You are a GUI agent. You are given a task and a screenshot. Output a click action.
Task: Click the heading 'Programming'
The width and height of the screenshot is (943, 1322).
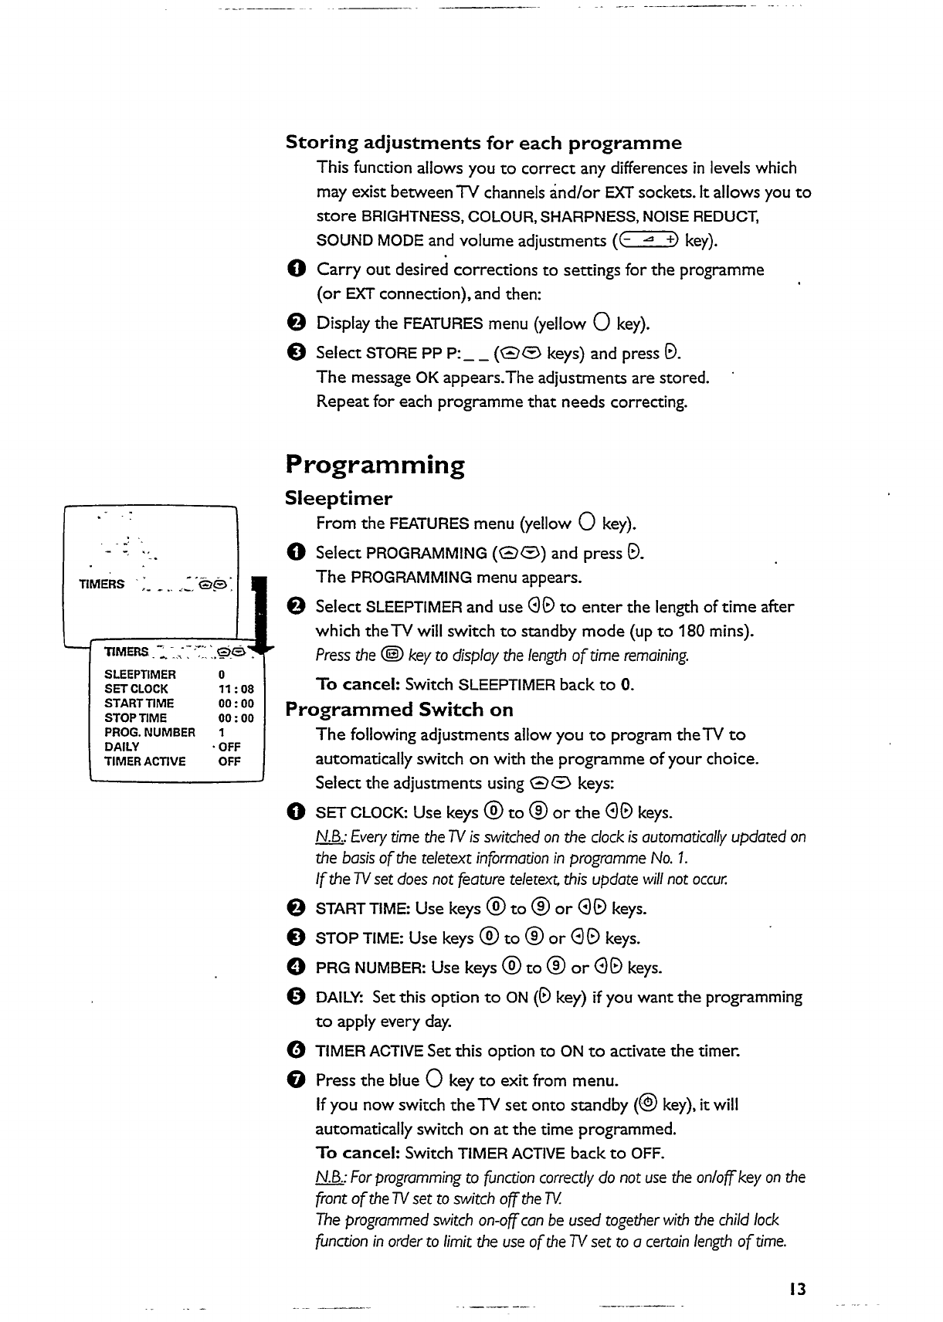tap(375, 466)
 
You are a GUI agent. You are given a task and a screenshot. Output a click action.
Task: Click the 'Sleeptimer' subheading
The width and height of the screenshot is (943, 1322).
tap(338, 498)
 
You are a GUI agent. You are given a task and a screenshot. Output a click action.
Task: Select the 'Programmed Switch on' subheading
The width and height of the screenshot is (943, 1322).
tap(399, 710)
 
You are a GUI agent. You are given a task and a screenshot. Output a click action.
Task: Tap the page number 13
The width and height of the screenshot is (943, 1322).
tap(798, 1288)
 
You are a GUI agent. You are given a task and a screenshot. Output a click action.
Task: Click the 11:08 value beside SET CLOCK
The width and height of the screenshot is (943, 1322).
tap(236, 689)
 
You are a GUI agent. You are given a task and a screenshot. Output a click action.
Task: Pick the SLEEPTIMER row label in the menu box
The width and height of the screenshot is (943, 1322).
tap(140, 674)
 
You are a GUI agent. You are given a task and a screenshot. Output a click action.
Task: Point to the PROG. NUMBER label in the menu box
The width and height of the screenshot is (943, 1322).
tap(150, 732)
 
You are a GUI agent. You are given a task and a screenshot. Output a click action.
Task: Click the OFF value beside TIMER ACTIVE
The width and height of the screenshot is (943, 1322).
tap(229, 761)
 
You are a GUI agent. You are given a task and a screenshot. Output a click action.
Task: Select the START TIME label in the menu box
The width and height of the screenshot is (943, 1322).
tap(139, 703)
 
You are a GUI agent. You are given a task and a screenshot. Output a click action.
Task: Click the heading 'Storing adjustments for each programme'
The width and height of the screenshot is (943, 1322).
tap(483, 143)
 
